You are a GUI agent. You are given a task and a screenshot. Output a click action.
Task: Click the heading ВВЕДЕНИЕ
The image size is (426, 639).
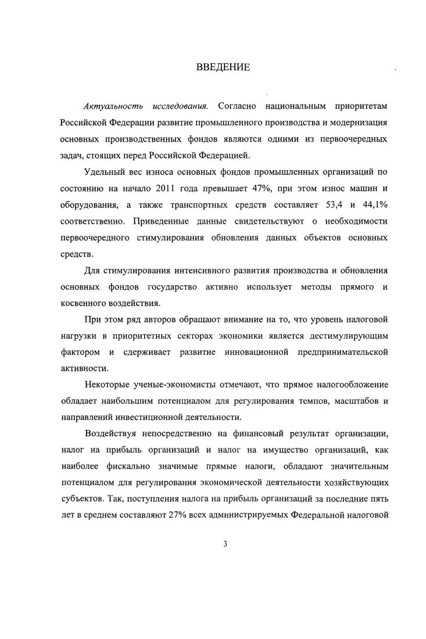(223, 67)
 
